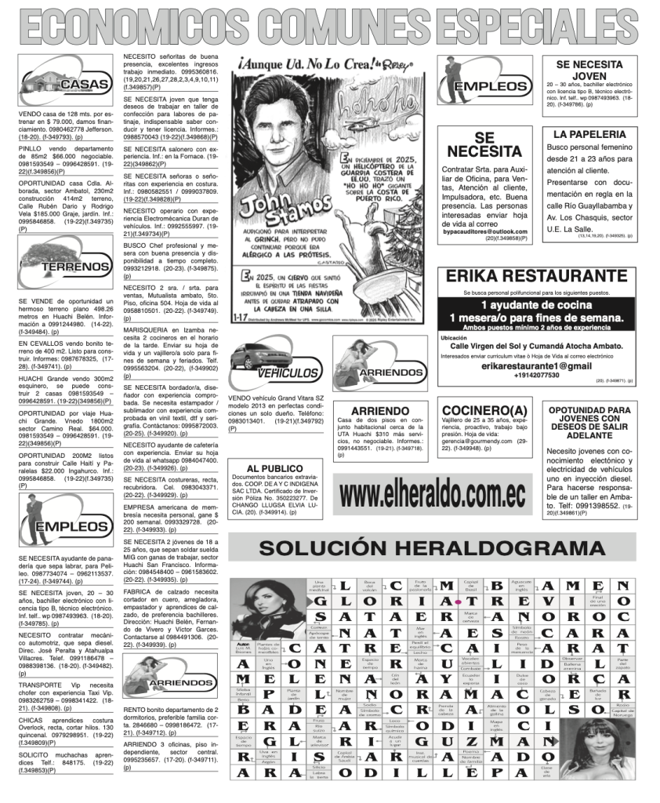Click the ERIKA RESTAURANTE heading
coord(537,276)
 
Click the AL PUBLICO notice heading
coord(274,468)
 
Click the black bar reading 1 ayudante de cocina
coord(537,304)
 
